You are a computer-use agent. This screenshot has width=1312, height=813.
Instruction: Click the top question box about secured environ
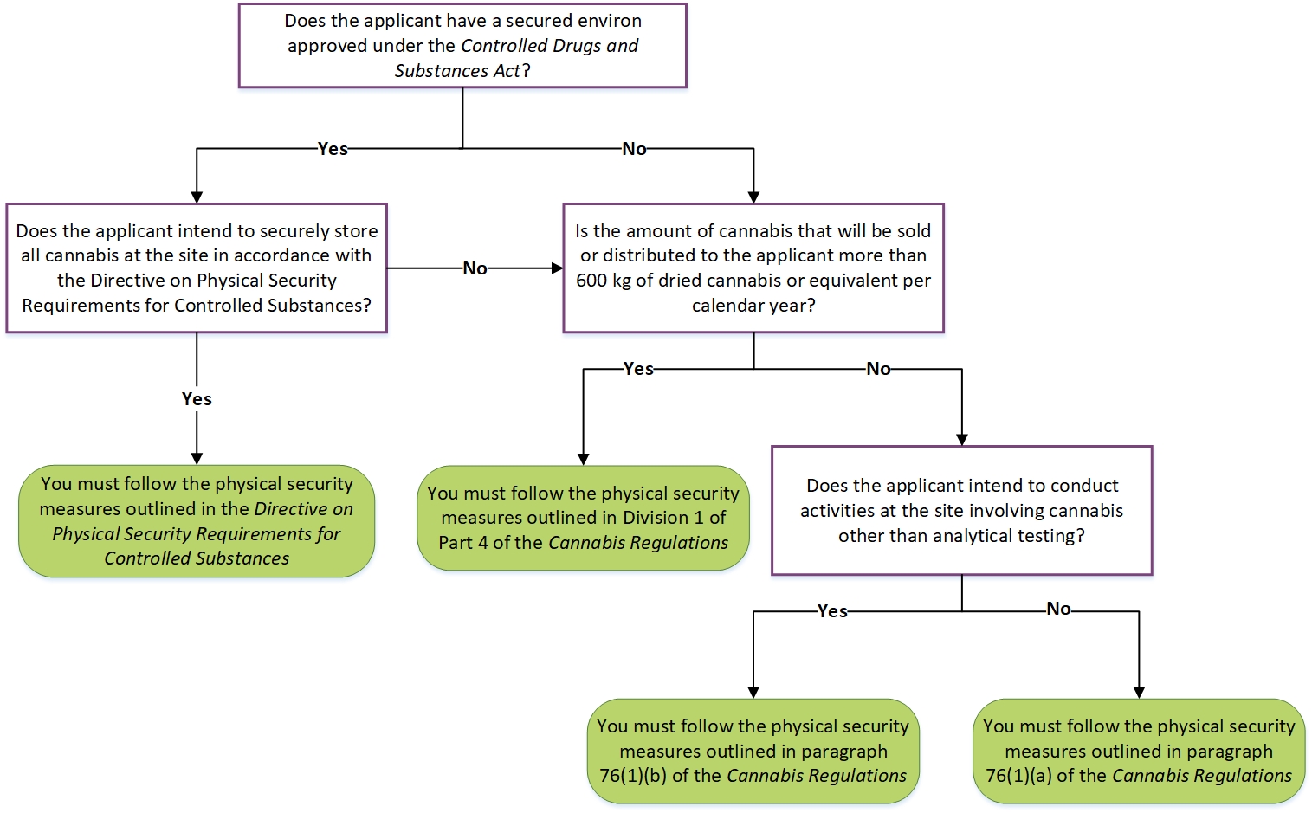point(462,45)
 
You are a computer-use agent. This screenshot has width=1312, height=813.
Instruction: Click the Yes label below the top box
point(333,149)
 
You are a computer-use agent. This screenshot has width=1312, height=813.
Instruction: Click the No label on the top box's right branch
point(634,149)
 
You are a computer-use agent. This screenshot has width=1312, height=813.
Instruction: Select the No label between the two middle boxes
point(475,268)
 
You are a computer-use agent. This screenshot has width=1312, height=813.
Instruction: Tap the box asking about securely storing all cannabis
point(197,268)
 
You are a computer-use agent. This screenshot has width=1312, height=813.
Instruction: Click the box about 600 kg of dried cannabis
point(753,268)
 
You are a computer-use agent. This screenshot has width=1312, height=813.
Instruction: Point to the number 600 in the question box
point(591,281)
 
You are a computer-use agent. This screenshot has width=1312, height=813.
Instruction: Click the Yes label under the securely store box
point(197,399)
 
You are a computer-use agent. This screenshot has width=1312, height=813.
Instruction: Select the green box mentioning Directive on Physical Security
point(197,521)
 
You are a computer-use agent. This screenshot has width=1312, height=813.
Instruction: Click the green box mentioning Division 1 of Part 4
point(583,518)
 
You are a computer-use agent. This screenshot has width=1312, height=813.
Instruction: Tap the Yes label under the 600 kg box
point(638,369)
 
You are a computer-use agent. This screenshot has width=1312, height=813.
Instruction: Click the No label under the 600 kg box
point(878,369)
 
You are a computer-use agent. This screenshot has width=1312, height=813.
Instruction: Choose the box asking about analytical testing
point(961,510)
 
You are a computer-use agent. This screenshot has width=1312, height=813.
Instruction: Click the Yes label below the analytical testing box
point(832,611)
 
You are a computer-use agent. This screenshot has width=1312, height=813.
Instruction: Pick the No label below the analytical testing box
point(1058,609)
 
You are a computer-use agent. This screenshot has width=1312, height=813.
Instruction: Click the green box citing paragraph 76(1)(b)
point(753,751)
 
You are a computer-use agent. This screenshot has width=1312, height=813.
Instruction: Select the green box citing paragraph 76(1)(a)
point(1139,751)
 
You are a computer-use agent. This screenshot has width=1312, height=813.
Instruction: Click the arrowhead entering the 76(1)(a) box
point(1139,693)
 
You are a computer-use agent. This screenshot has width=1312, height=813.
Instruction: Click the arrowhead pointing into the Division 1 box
point(583,460)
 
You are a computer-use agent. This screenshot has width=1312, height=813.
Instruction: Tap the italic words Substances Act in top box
point(457,71)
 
